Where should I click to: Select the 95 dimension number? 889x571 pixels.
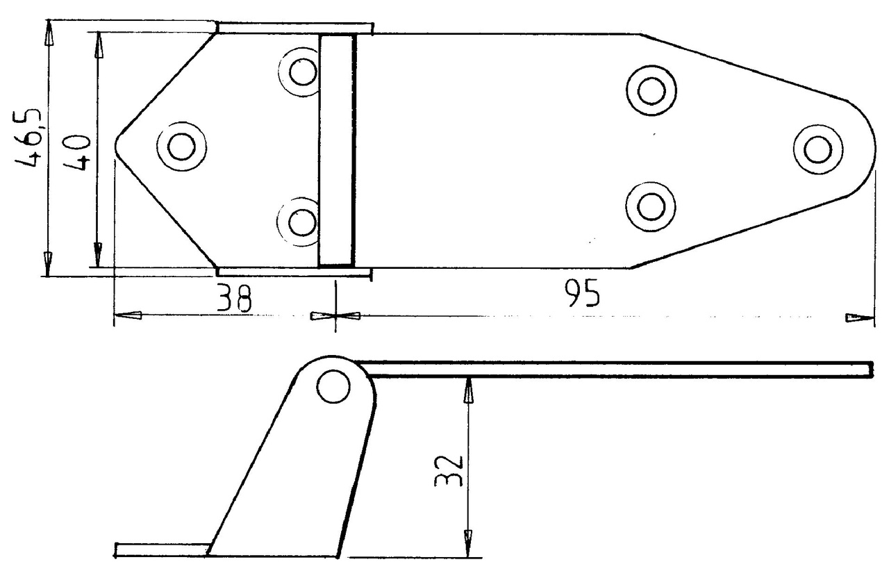(582, 294)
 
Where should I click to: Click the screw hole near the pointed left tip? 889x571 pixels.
(181, 147)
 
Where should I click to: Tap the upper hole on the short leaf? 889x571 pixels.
(303, 72)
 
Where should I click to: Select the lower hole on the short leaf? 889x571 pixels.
(303, 222)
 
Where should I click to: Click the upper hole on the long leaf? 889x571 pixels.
(651, 90)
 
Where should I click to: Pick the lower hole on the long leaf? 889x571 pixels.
(651, 207)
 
